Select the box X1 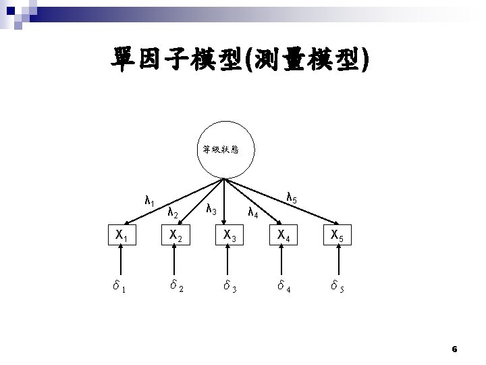click(122, 236)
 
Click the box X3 click(227, 236)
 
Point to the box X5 click(336, 236)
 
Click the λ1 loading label click(150, 201)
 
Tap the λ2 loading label click(172, 214)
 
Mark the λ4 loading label click(253, 214)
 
